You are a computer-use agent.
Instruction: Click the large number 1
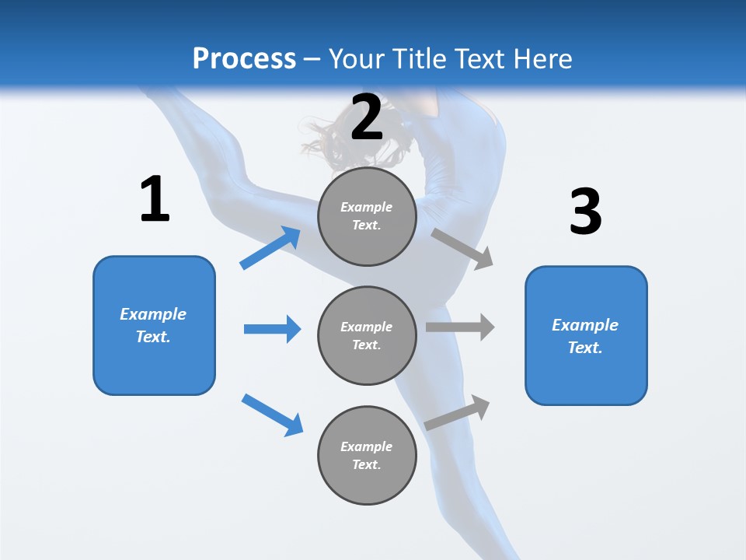point(155,199)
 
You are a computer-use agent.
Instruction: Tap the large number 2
point(366,117)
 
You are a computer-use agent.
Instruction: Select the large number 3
point(585,212)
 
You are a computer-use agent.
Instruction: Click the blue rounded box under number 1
point(154,325)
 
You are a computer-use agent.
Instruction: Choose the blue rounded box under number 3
point(586,335)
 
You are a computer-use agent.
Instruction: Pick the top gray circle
point(367,216)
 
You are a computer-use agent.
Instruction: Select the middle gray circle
point(367,335)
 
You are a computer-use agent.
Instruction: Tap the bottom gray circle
point(367,455)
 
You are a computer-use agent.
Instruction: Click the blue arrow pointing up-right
point(270,247)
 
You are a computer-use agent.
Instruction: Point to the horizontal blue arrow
point(272,329)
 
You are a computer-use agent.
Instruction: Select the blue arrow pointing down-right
point(272,415)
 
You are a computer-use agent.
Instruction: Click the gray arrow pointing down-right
point(462,248)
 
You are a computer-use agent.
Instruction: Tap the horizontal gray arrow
point(459,327)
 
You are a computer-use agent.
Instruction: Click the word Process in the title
point(244,58)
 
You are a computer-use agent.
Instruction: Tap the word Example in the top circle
point(366,207)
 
